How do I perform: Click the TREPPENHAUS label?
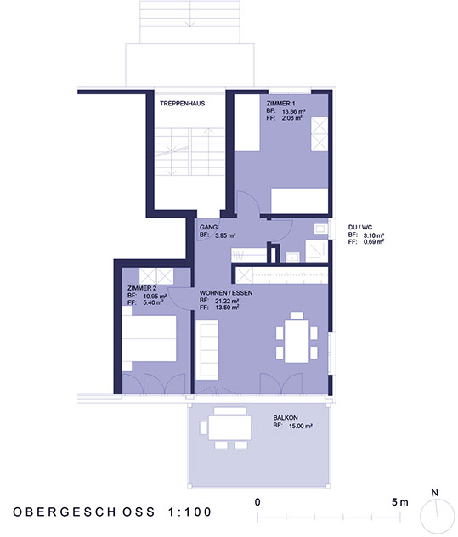(180, 104)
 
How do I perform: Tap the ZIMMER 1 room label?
(280, 104)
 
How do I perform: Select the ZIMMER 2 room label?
(140, 290)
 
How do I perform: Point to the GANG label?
(208, 229)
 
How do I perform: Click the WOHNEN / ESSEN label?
(225, 292)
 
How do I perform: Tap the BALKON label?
(286, 418)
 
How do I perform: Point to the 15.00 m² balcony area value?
(297, 425)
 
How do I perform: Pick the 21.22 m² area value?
(225, 300)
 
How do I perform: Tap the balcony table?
(230, 426)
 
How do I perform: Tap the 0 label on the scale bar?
(257, 503)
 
